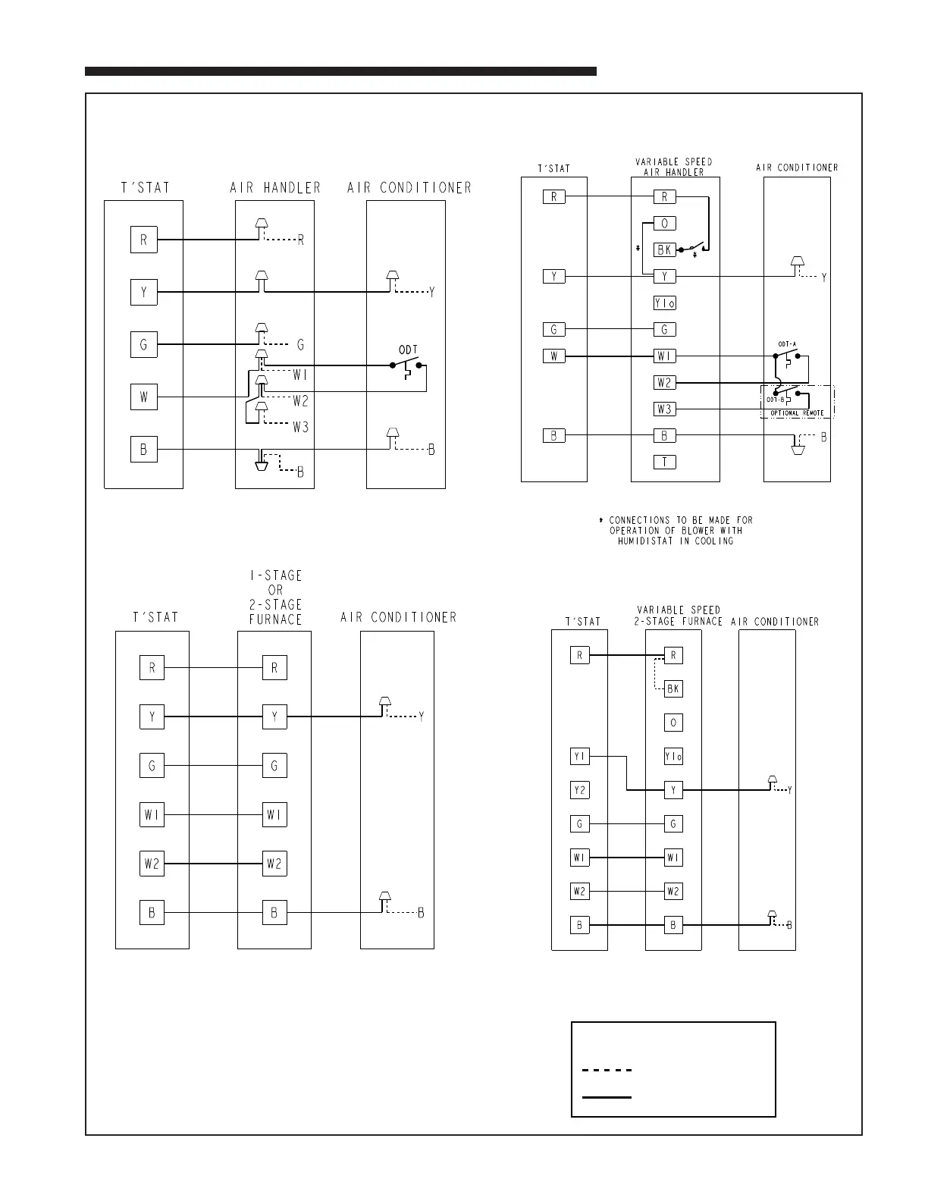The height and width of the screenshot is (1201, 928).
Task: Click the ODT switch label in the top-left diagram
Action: [409, 350]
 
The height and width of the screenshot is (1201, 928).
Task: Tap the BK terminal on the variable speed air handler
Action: [664, 250]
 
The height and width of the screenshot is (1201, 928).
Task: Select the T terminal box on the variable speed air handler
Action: [664, 463]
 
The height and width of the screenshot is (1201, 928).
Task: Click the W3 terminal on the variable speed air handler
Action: [664, 409]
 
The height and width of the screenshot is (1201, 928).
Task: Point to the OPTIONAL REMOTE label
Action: [797, 413]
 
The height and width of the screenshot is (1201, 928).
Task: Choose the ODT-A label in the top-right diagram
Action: [787, 344]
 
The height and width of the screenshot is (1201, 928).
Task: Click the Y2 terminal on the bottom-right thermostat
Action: [579, 790]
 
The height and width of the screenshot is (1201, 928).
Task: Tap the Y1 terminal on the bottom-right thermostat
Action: [579, 757]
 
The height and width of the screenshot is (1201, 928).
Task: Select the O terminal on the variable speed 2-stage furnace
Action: [673, 723]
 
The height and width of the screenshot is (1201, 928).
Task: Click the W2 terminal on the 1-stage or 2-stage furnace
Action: [274, 864]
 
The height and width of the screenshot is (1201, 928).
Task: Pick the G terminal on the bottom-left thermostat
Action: [152, 766]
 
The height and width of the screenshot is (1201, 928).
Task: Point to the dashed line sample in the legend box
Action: [607, 1071]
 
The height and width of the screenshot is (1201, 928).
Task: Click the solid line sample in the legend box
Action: [607, 1096]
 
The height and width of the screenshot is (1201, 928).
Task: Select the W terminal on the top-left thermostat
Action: [143, 397]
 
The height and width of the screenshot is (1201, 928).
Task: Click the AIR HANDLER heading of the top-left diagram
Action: [275, 187]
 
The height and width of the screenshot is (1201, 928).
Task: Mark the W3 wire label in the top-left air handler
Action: [301, 427]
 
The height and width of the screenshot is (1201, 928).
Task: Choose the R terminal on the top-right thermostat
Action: [553, 197]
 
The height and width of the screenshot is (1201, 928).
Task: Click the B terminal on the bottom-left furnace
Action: [274, 913]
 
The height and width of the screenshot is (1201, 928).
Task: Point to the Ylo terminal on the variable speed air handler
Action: [664, 303]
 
